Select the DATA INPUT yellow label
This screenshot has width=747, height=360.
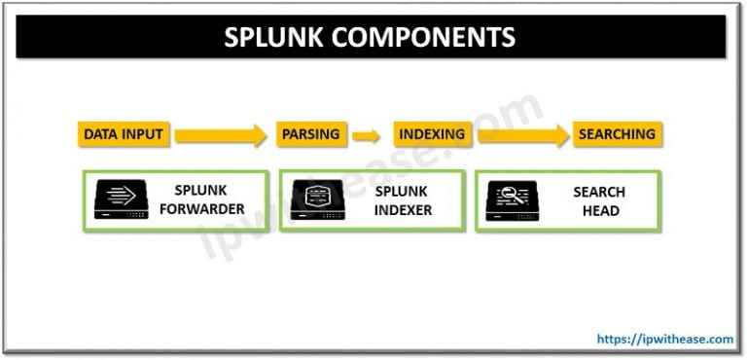[x=123, y=134]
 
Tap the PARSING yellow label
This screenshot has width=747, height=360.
[x=310, y=134]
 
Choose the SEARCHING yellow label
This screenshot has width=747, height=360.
[x=617, y=134]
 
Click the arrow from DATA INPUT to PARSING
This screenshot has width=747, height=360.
[x=220, y=135]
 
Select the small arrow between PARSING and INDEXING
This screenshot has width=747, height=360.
[x=366, y=135]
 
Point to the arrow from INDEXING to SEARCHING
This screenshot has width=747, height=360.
[x=521, y=135]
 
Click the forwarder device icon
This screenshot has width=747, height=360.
[x=121, y=201]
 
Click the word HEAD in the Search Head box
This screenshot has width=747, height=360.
[x=598, y=210]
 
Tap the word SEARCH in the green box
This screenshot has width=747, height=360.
[x=598, y=193]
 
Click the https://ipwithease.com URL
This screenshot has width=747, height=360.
[x=665, y=340]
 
